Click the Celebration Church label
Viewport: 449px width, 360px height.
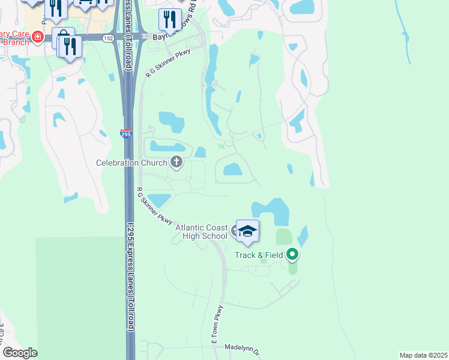pos(133,163)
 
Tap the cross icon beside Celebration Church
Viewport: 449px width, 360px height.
pos(176,161)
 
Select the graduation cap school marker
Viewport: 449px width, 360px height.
pos(247,232)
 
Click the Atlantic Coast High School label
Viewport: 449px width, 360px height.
pos(201,232)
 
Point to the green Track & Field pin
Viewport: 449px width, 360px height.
pos(293,255)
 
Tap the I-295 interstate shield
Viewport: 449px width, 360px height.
pos(126,133)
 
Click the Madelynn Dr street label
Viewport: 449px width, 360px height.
pos(241,347)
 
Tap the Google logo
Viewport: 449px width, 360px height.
pos(19,353)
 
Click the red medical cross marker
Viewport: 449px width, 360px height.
pos(37,37)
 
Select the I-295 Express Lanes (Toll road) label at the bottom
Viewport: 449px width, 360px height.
pos(130,276)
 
